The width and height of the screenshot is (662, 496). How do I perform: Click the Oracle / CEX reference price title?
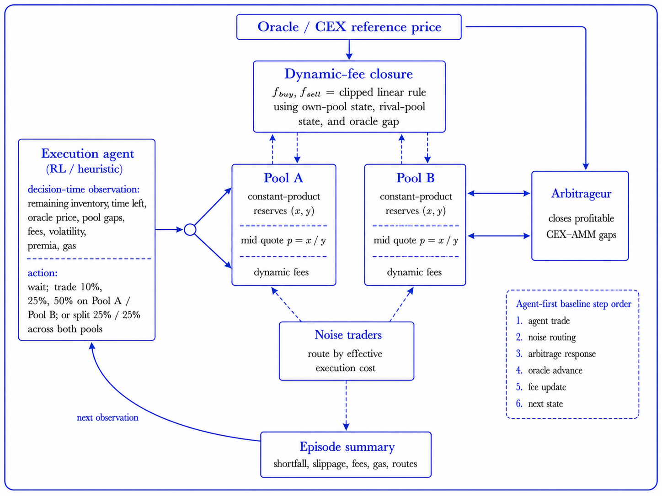pos(349,27)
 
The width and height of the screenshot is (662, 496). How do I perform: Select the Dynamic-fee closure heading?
pos(349,74)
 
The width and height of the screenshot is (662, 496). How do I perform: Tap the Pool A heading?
pos(283,178)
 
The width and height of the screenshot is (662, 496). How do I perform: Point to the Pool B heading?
pos(415,178)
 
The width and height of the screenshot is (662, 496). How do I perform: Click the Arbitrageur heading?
pos(581,194)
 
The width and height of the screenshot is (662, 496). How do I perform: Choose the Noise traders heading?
pos(348,335)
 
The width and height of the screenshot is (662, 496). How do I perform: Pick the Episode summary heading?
pos(347,447)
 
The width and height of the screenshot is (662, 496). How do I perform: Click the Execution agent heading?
pos(87,153)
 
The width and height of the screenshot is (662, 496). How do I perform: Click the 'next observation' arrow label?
pos(107,417)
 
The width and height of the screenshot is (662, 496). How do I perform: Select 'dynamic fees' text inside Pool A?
pos(281,272)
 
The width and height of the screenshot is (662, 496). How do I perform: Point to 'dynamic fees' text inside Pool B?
pos(414,272)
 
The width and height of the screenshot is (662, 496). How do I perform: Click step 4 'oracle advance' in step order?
pos(549,370)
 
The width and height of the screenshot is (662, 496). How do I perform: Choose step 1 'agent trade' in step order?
pos(543,321)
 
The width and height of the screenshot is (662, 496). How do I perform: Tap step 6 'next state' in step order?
pos(539,404)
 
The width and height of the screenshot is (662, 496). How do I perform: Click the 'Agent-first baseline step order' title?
pos(573,304)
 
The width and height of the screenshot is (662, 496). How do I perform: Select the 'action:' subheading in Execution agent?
pos(43,273)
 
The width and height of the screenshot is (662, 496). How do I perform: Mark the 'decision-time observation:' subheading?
pos(84,189)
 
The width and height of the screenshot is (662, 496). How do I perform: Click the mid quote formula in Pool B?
pos(416,240)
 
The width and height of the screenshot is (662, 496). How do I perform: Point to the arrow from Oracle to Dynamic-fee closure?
pos(349,50)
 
